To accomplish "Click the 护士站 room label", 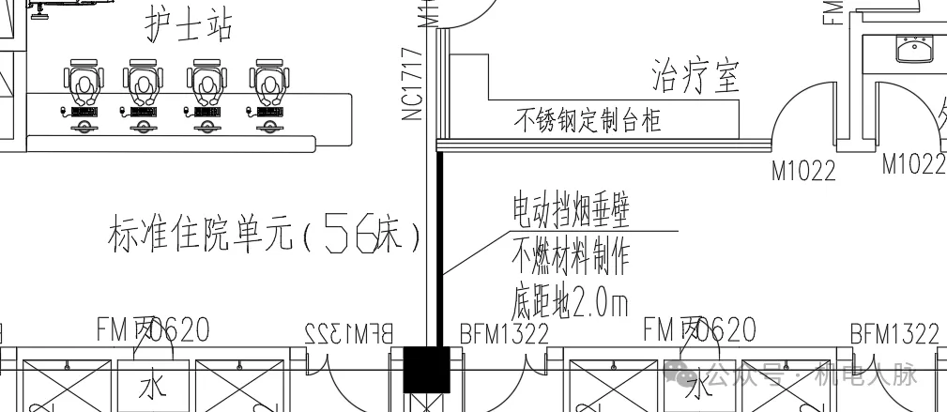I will pos(188,24).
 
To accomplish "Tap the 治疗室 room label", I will pos(695,76).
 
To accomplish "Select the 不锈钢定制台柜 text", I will pos(588,120).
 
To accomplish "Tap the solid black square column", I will pos(427,369).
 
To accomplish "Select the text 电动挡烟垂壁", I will pos(570,209).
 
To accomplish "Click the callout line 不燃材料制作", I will pos(570,254).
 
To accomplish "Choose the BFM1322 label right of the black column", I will pos(503,333).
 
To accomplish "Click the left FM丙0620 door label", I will pos(152,329).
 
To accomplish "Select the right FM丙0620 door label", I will pos(699,329).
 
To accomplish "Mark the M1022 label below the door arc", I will pos(803,171).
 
